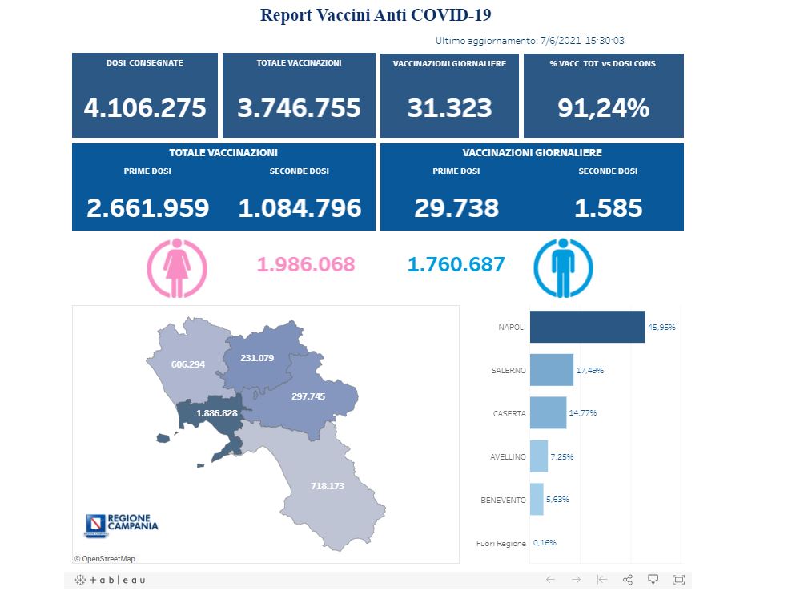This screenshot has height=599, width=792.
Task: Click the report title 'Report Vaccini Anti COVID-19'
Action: coord(376,14)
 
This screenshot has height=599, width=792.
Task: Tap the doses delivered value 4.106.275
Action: coord(145,107)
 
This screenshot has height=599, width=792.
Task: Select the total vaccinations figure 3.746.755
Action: coord(299,107)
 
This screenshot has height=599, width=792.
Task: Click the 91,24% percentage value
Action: coord(603,107)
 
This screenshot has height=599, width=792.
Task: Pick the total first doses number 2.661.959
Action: coord(147,208)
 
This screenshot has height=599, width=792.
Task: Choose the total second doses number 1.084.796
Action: coord(300,208)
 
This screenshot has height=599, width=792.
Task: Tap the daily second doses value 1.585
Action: coord(608,208)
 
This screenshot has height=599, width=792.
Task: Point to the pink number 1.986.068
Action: coord(305,264)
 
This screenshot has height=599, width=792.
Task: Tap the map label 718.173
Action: coord(332,485)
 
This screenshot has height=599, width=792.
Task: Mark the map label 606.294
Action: coord(188,364)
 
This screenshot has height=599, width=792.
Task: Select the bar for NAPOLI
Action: coord(587,327)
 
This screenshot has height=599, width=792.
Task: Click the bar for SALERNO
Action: coord(552,370)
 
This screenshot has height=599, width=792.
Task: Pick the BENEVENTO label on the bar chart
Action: coord(503,500)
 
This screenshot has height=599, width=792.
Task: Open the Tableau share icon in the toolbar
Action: coord(628,579)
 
